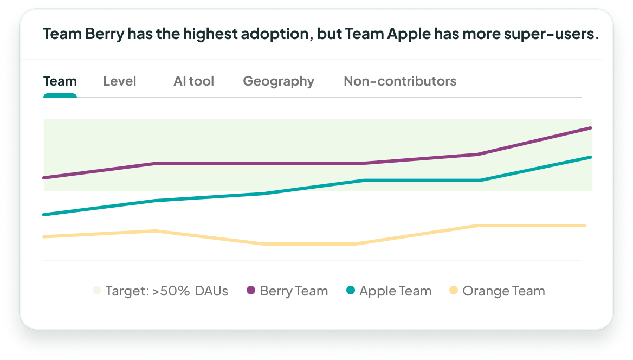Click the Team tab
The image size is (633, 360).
[60, 81]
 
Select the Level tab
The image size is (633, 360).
[119, 81]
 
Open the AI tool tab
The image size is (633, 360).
[193, 81]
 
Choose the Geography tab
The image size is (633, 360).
[279, 81]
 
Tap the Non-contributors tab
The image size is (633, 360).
[400, 81]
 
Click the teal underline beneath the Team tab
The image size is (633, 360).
[60, 95]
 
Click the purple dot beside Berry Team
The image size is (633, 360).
[251, 291]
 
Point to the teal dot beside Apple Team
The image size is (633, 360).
[351, 291]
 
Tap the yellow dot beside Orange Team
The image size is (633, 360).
[454, 291]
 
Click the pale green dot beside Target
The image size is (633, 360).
[97, 291]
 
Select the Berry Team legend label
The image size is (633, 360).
[294, 291]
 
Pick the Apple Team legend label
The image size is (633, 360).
[395, 291]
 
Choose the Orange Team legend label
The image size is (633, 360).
[503, 291]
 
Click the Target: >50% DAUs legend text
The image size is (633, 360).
[166, 291]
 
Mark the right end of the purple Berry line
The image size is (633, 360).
[590, 128]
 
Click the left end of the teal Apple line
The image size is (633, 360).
[44, 215]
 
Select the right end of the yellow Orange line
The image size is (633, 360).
[585, 226]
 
